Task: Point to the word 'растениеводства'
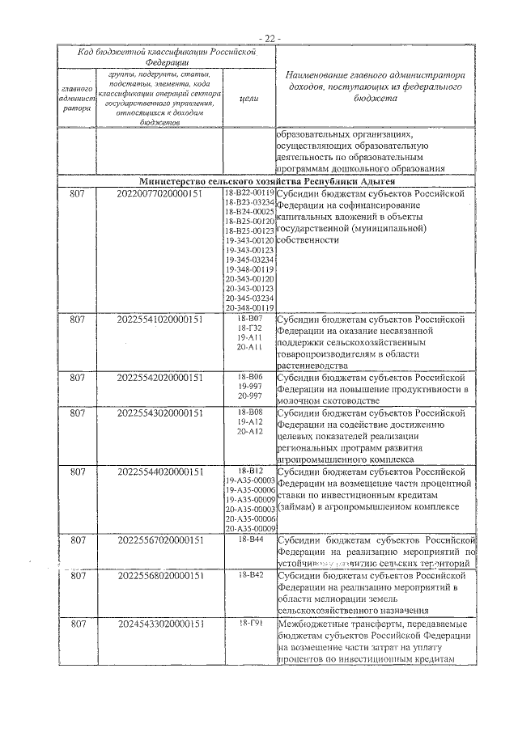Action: click(314, 365)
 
